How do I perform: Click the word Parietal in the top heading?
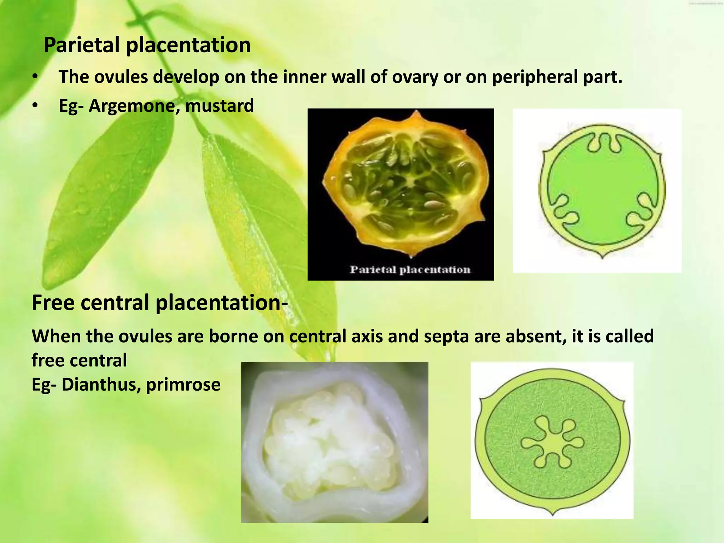[x=82, y=45]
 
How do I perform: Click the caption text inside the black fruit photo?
[x=410, y=270]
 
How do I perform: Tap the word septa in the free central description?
[x=446, y=336]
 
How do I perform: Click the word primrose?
[x=183, y=385]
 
